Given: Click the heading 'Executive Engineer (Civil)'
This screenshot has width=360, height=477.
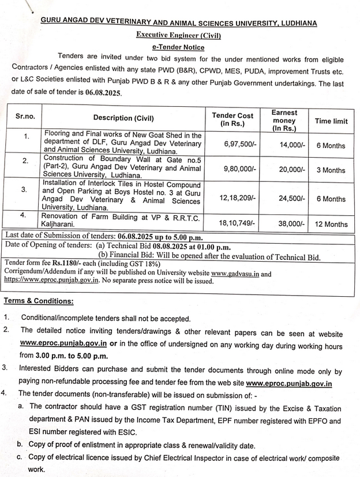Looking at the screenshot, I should (x=178, y=35).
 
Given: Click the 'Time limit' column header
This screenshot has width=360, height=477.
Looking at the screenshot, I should (x=331, y=121).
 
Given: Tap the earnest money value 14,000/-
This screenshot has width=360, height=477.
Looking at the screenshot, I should (x=292, y=145).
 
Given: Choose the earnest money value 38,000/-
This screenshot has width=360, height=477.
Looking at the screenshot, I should (x=292, y=223).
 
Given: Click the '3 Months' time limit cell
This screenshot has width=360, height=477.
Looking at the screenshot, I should (x=331, y=170).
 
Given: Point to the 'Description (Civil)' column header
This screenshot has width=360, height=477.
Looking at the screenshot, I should (x=123, y=118).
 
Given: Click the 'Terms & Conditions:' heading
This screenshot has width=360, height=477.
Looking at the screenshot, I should (x=39, y=301).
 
